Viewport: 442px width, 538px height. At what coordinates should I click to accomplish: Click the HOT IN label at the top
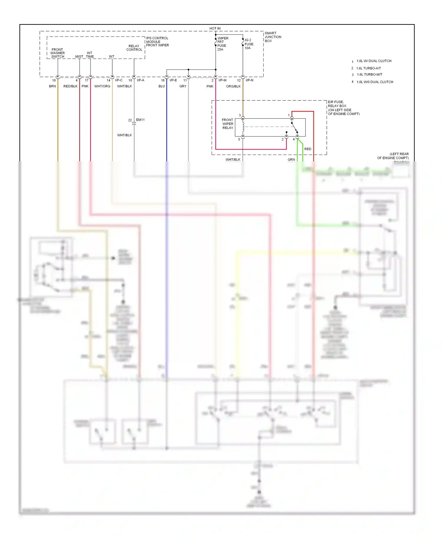[x=215, y=29]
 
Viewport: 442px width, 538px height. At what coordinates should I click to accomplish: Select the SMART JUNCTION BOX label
[x=273, y=37]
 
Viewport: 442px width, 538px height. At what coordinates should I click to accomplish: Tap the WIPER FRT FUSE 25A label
[x=222, y=44]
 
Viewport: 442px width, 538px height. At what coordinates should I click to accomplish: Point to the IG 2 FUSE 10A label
[x=249, y=44]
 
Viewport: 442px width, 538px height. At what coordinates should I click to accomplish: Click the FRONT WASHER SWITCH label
[x=57, y=53]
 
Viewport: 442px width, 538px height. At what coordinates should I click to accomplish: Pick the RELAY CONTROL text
[x=134, y=48]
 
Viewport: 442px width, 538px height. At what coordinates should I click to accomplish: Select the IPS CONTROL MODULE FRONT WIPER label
[x=157, y=42]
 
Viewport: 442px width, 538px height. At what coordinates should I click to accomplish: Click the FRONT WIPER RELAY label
[x=227, y=124]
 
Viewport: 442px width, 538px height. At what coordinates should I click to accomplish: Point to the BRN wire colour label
[x=52, y=86]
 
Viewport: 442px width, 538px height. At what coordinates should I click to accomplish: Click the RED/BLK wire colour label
[x=70, y=86]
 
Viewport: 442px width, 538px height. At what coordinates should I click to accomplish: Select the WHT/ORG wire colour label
[x=102, y=86]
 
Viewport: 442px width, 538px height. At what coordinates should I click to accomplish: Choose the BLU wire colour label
[x=161, y=86]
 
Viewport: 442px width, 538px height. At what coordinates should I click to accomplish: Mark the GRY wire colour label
[x=183, y=86]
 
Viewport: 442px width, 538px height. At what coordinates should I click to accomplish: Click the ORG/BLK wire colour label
[x=233, y=86]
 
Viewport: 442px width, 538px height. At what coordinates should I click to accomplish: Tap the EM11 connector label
[x=140, y=120]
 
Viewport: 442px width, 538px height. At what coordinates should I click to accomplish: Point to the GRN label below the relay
[x=291, y=160]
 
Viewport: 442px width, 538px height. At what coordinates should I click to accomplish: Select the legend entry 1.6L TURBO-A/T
[x=368, y=68]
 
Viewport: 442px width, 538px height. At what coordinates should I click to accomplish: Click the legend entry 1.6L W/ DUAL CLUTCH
[x=374, y=61]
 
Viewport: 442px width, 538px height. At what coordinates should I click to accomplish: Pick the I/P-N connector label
[x=249, y=80]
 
